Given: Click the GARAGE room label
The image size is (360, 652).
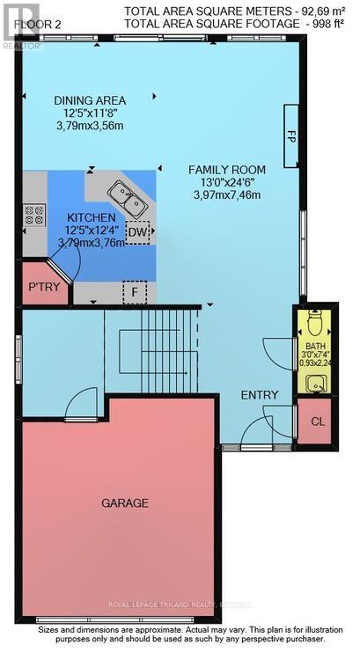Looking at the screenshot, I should click(124, 503).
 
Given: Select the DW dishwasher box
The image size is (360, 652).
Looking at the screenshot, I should click(137, 231).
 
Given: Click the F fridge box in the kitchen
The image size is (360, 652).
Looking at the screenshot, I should click(134, 292).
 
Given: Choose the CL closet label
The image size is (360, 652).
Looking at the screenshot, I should click(318, 421).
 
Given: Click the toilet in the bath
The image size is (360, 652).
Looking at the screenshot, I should click(314, 325).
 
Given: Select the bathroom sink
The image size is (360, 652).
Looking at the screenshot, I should click(314, 381).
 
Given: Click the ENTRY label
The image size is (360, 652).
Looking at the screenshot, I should click(260, 395).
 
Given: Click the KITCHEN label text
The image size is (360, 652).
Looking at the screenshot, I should click(92, 216).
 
